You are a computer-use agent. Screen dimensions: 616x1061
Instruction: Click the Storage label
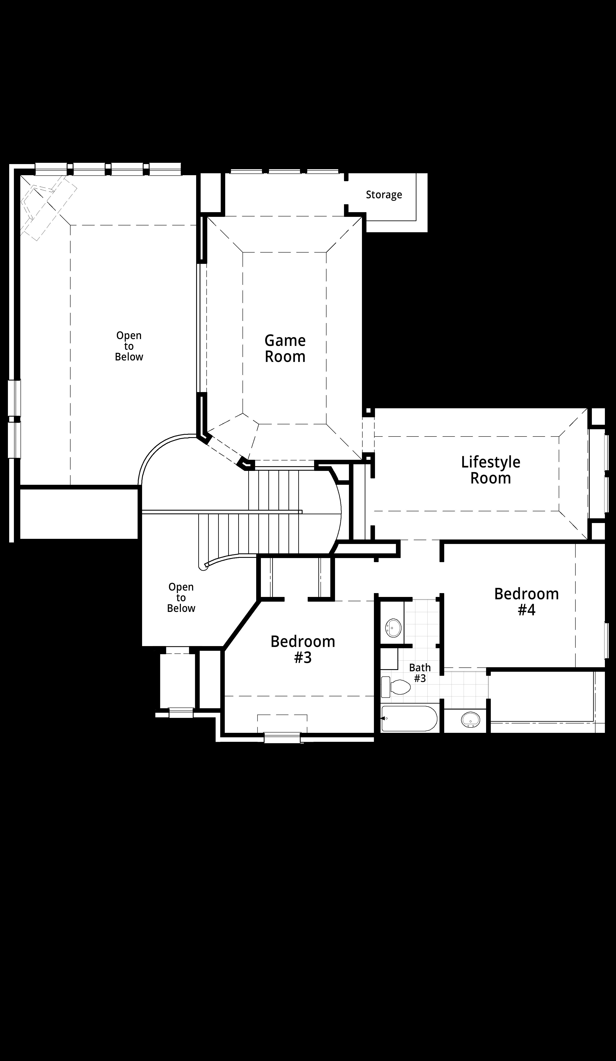pyautogui.click(x=384, y=195)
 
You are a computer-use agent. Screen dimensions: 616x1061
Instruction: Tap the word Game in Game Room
pyautogui.click(x=285, y=340)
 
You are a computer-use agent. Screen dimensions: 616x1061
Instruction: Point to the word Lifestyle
pyautogui.click(x=491, y=462)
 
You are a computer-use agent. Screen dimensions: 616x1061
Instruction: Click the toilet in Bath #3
pyautogui.click(x=396, y=687)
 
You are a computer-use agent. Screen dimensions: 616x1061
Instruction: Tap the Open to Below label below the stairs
pyautogui.click(x=181, y=597)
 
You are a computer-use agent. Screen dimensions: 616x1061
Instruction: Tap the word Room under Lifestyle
pyautogui.click(x=491, y=478)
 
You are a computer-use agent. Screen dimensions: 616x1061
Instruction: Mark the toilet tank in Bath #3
pyautogui.click(x=386, y=687)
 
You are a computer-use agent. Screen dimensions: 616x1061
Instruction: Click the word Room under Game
pyautogui.click(x=285, y=357)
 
